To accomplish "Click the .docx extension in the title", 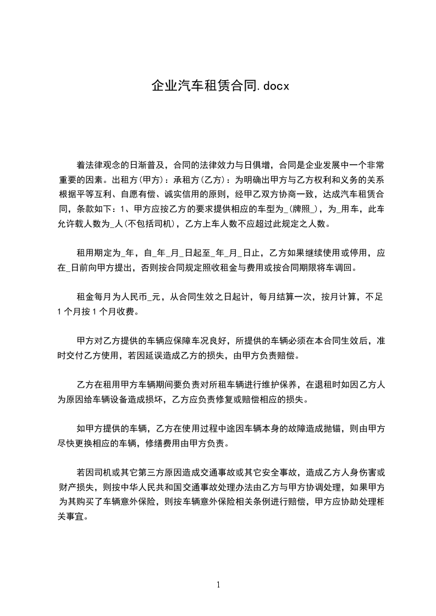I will (x=271, y=86).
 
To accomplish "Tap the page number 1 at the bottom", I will (x=218, y=584).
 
